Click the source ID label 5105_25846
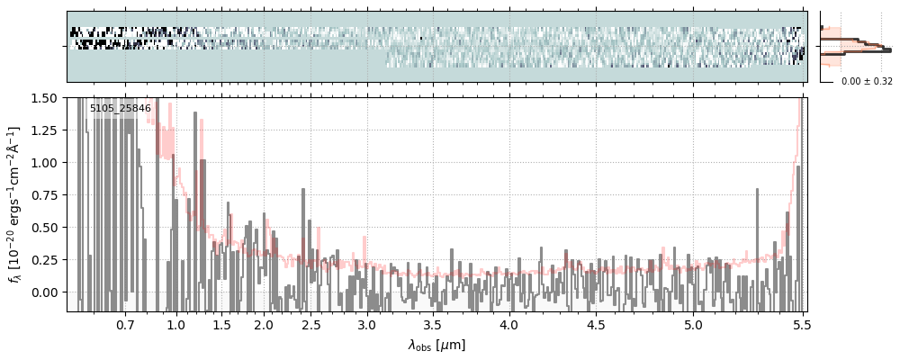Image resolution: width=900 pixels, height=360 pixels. coord(120,108)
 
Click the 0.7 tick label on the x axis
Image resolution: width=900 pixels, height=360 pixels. coord(125,324)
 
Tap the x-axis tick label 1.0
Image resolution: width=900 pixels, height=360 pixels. coord(176,324)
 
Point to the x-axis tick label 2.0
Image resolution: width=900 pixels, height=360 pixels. coord(263,324)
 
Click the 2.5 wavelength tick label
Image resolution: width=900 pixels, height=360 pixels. coord(310,324)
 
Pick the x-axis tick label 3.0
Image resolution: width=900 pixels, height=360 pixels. coord(367,324)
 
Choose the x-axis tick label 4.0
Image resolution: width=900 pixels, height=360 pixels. coord(509,324)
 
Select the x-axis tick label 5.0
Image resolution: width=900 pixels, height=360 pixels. coord(693,324)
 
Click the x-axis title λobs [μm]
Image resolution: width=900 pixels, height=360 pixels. coord(436,345)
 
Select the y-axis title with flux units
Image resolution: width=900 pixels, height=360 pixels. coord(15,204)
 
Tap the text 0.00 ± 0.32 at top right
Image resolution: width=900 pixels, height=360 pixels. coord(867,81)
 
